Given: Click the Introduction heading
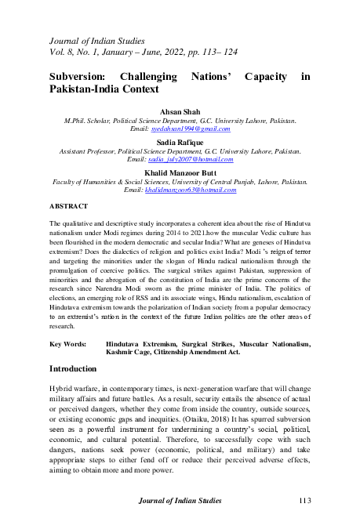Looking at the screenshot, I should (x=73, y=368).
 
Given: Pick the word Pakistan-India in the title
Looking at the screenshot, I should (x=83, y=90).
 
